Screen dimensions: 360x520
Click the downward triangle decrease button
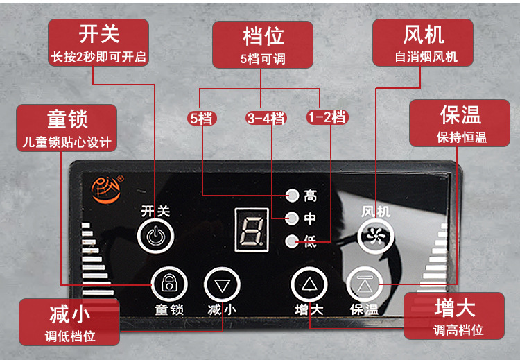tap(222, 284)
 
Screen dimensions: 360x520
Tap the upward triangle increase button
tap(309, 284)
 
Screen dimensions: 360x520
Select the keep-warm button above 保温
tap(364, 284)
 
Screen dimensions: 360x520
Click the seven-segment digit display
tap(250, 228)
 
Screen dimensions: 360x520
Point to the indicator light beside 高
tap(293, 196)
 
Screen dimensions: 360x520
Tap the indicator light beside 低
tap(293, 241)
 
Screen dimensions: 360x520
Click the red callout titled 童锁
tap(67, 128)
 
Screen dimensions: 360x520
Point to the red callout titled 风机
tap(423, 42)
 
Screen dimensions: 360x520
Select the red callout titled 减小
tap(69, 323)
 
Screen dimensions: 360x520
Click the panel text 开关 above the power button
tap(155, 211)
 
